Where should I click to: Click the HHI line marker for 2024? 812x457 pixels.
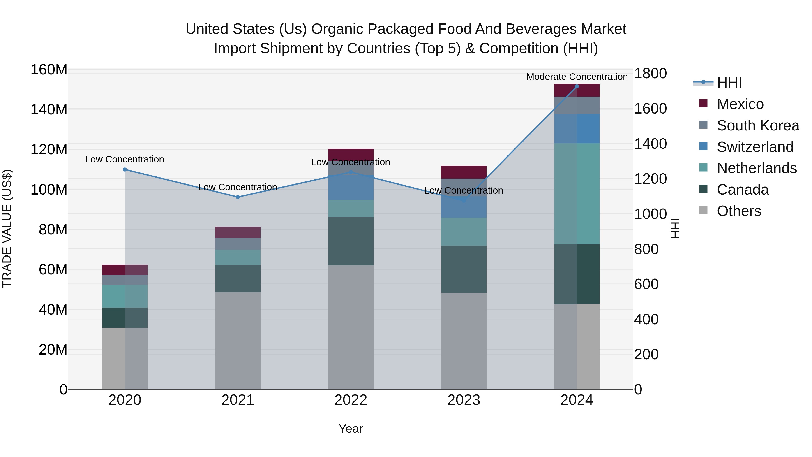coord(577,86)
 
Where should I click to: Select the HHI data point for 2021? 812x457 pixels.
coord(238,197)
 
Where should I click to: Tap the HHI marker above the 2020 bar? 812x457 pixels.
coord(125,169)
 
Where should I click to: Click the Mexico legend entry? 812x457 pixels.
coord(740,104)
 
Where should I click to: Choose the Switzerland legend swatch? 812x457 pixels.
coord(703,146)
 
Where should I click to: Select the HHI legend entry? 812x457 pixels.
coord(729,83)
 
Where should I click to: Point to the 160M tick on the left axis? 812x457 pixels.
coord(49,70)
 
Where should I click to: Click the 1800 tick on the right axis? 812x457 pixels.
coord(650,74)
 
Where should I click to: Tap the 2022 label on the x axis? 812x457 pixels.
coord(351,400)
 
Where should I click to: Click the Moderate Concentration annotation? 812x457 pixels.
coord(577,77)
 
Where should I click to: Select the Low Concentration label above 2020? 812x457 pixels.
coord(125,159)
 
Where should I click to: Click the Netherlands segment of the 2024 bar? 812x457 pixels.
coord(577,194)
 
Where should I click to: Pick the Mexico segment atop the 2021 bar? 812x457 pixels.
coord(238,232)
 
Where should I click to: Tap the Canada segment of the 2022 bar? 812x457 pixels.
coord(351,241)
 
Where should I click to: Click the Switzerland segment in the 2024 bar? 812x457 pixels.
coord(577,129)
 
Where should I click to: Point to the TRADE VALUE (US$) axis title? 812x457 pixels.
coord(7,228)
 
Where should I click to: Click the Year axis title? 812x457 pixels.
coord(351,429)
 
